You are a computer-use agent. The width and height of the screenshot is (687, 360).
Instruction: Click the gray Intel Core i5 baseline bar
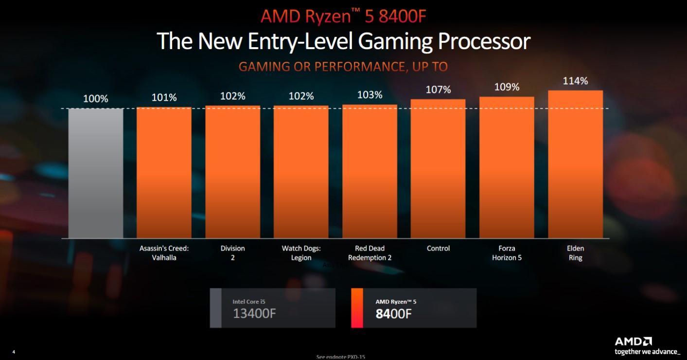pyautogui.click(x=96, y=173)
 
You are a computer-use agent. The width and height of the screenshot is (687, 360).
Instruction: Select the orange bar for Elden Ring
pyautogui.click(x=575, y=164)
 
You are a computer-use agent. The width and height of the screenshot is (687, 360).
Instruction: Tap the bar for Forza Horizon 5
pyautogui.click(x=507, y=167)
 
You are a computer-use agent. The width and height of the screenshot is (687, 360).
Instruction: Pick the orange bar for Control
pyautogui.click(x=438, y=169)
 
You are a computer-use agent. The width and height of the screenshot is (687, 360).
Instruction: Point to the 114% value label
pyautogui.click(x=575, y=81)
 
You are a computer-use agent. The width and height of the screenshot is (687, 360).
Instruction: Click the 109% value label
pyautogui.click(x=507, y=87)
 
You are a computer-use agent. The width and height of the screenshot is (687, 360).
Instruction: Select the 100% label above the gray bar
pyautogui.click(x=95, y=99)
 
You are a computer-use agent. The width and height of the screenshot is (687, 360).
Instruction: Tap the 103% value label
pyautogui.click(x=370, y=95)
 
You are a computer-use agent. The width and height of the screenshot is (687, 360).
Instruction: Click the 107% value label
pyautogui.click(x=438, y=90)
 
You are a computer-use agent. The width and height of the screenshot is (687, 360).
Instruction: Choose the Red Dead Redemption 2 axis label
pyautogui.click(x=370, y=253)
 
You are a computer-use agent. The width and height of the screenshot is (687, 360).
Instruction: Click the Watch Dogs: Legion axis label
pyautogui.click(x=301, y=253)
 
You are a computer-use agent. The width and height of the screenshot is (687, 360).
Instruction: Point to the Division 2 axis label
pyautogui.click(x=232, y=253)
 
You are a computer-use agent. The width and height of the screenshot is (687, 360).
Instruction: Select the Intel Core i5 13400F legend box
pyautogui.click(x=272, y=308)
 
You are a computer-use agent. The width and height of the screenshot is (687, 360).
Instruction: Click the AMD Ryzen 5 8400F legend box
pyautogui.click(x=413, y=308)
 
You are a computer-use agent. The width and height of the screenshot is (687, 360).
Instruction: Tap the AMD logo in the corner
pyautogui.click(x=633, y=342)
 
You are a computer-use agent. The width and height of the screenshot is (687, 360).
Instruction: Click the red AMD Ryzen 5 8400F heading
pyautogui.click(x=344, y=16)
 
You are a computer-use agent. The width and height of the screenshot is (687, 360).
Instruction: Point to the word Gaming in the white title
pyautogui.click(x=395, y=41)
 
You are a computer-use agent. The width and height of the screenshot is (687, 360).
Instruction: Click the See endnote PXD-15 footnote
pyautogui.click(x=340, y=357)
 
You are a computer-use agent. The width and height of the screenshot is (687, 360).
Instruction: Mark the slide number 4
pyautogui.click(x=14, y=352)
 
